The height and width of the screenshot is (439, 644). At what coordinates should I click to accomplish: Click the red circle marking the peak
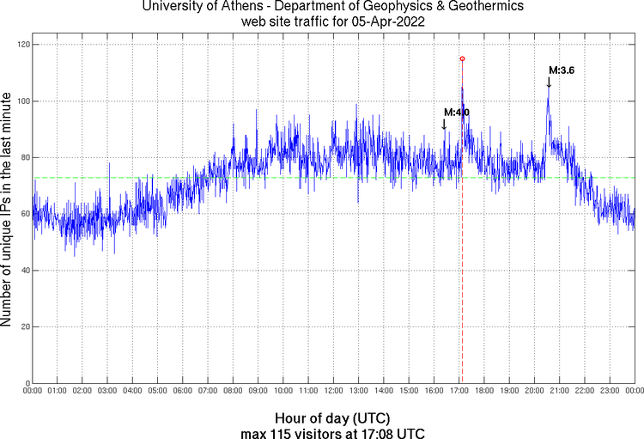click(x=462, y=58)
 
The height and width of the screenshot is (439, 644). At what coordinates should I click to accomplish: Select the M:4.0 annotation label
click(x=456, y=113)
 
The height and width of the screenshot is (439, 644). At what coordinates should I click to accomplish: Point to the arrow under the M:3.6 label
click(x=549, y=82)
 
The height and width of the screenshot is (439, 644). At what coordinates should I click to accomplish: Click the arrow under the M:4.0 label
click(x=444, y=125)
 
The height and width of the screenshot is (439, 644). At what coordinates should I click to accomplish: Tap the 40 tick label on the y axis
click(x=23, y=271)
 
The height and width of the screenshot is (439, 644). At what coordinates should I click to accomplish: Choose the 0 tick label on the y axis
click(x=26, y=383)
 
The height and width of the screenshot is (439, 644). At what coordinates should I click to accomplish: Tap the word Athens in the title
click(x=237, y=7)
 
